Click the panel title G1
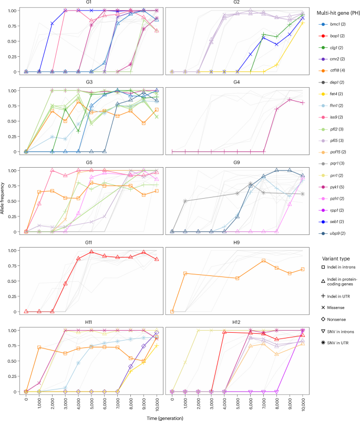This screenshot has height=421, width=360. [92, 3]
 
